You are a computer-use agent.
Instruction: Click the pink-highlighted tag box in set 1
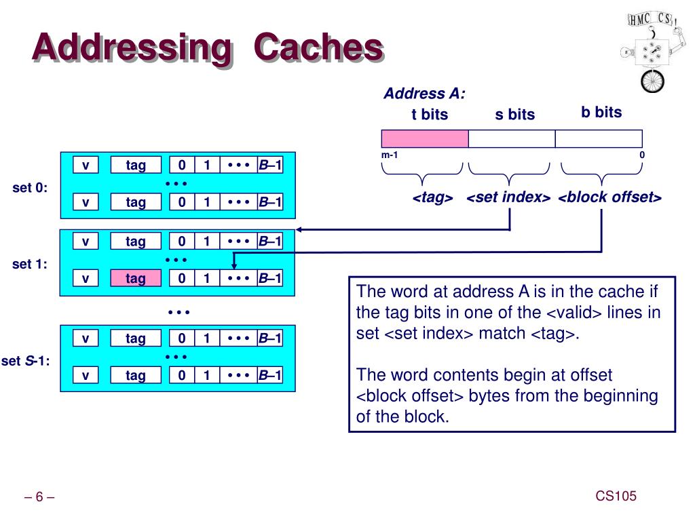[136, 278]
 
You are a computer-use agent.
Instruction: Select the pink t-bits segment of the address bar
[425, 138]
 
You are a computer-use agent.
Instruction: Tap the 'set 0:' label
[30, 188]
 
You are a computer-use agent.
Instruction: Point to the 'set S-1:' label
[25, 361]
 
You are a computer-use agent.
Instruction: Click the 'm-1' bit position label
[390, 155]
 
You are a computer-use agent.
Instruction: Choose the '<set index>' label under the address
[508, 197]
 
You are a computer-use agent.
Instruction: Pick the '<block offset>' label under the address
[610, 197]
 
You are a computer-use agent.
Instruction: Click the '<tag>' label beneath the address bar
[432, 197]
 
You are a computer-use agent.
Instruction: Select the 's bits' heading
[515, 114]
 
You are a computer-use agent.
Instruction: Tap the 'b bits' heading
[601, 112]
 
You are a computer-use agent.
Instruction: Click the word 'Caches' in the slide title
[319, 47]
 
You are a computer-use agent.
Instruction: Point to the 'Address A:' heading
[424, 94]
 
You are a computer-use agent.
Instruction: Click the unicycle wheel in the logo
[652, 81]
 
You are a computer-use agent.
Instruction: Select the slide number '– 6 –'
[39, 497]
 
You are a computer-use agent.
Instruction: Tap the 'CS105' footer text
[616, 496]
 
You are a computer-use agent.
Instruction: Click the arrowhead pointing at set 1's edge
[299, 229]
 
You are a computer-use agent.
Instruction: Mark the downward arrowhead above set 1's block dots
[234, 265]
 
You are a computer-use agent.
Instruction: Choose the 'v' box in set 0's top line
[86, 166]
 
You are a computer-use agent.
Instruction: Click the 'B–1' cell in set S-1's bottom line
[270, 375]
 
